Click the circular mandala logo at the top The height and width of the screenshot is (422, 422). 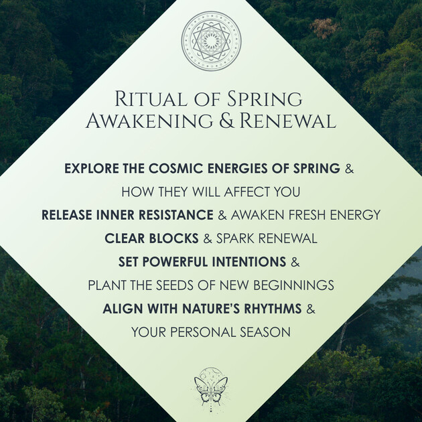click(211, 41)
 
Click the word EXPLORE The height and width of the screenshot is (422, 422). click(92, 168)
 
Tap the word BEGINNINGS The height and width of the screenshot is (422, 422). click(294, 285)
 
